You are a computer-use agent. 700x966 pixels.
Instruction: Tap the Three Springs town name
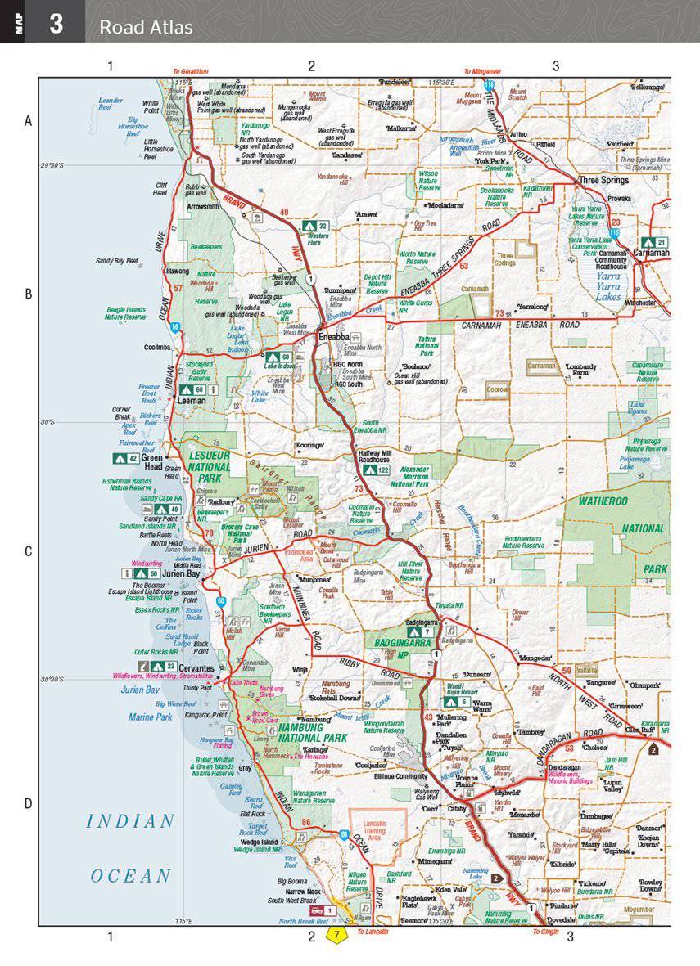coord(603,180)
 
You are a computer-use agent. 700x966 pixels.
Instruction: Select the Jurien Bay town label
coord(180,573)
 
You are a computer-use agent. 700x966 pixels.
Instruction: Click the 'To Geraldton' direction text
coord(190,71)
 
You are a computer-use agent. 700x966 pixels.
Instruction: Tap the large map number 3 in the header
coord(56,22)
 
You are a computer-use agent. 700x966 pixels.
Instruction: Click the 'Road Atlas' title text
coord(146,28)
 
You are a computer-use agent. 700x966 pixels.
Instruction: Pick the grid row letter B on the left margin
coord(28,294)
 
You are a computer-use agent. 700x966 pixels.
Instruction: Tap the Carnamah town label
coord(652,254)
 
